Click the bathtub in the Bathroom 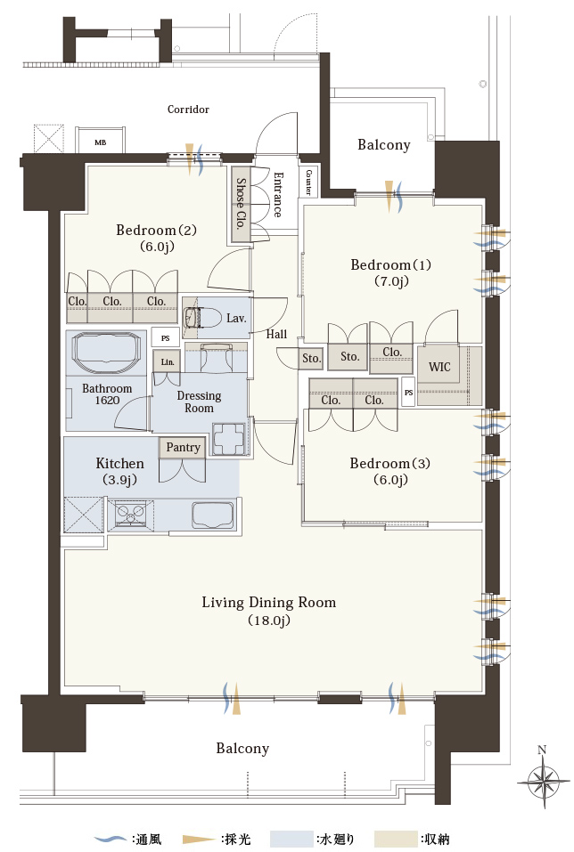107,352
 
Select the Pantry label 183,447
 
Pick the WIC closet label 439,367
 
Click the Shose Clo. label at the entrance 241,203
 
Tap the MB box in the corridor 100,142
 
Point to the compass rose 543,783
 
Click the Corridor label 188,110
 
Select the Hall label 276,334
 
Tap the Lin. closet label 167,361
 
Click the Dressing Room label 199,402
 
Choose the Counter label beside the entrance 308,182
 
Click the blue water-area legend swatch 292,839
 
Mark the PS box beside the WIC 408,393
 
